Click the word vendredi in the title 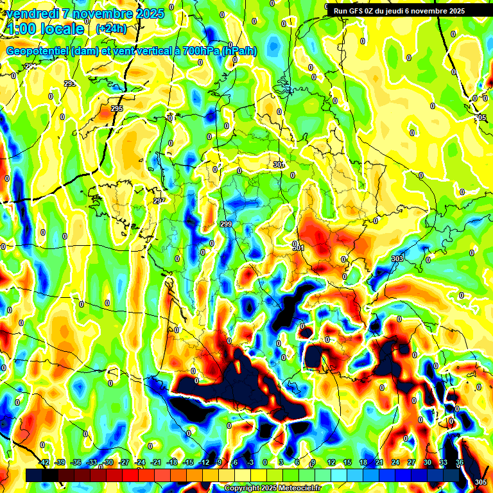tap(34, 13)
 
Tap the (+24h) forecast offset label tap(110, 28)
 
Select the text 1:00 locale tap(45, 29)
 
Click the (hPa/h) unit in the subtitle tap(238, 51)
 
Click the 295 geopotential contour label tap(117, 108)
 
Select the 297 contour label tap(159, 201)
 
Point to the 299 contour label tap(226, 224)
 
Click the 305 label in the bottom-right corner tap(480, 482)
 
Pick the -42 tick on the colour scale tap(44, 462)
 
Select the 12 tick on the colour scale tap(331, 462)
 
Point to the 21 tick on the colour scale tap(379, 462)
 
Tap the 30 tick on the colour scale tap(428, 462)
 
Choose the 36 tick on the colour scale tap(460, 462)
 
